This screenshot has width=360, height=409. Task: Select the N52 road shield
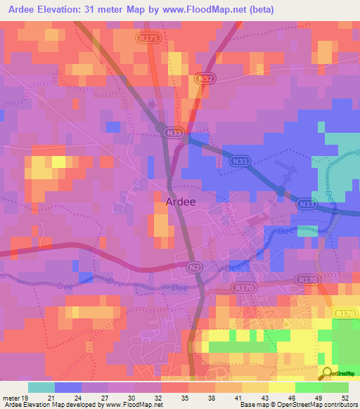coord(205,80)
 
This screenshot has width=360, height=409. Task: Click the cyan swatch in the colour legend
coord(41,387)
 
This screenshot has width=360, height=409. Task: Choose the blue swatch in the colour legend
coord(68,387)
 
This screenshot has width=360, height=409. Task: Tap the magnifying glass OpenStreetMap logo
coord(327,372)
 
